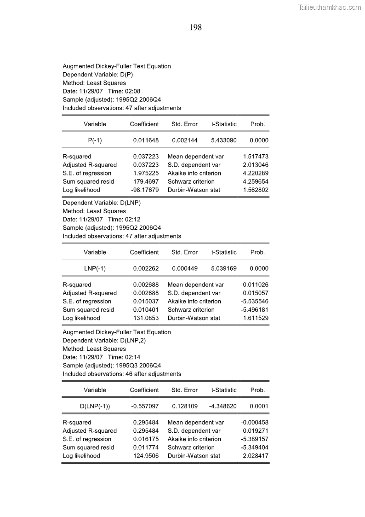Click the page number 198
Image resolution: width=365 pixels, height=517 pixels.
pyautogui.click(x=195, y=28)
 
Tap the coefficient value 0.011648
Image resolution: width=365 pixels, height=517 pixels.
pyautogui.click(x=146, y=140)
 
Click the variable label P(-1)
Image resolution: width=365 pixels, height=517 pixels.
pyautogui.click(x=95, y=140)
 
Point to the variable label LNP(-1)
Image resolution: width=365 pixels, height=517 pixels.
pyautogui.click(x=95, y=268)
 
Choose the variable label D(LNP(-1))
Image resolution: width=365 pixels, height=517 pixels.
pyautogui.click(x=95, y=407)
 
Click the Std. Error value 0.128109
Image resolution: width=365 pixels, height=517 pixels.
pyautogui.click(x=185, y=407)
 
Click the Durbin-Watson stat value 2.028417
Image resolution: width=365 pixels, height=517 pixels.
pyautogui.click(x=255, y=456)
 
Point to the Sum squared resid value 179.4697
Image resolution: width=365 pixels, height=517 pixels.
pyautogui.click(x=146, y=181)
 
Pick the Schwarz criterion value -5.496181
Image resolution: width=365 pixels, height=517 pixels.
pyautogui.click(x=255, y=310)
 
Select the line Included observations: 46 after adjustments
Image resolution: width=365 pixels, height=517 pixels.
pyautogui.click(x=122, y=374)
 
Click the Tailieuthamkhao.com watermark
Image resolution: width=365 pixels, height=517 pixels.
pyautogui.click(x=330, y=7)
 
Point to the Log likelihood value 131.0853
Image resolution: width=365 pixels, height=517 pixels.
pyautogui.click(x=146, y=318)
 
